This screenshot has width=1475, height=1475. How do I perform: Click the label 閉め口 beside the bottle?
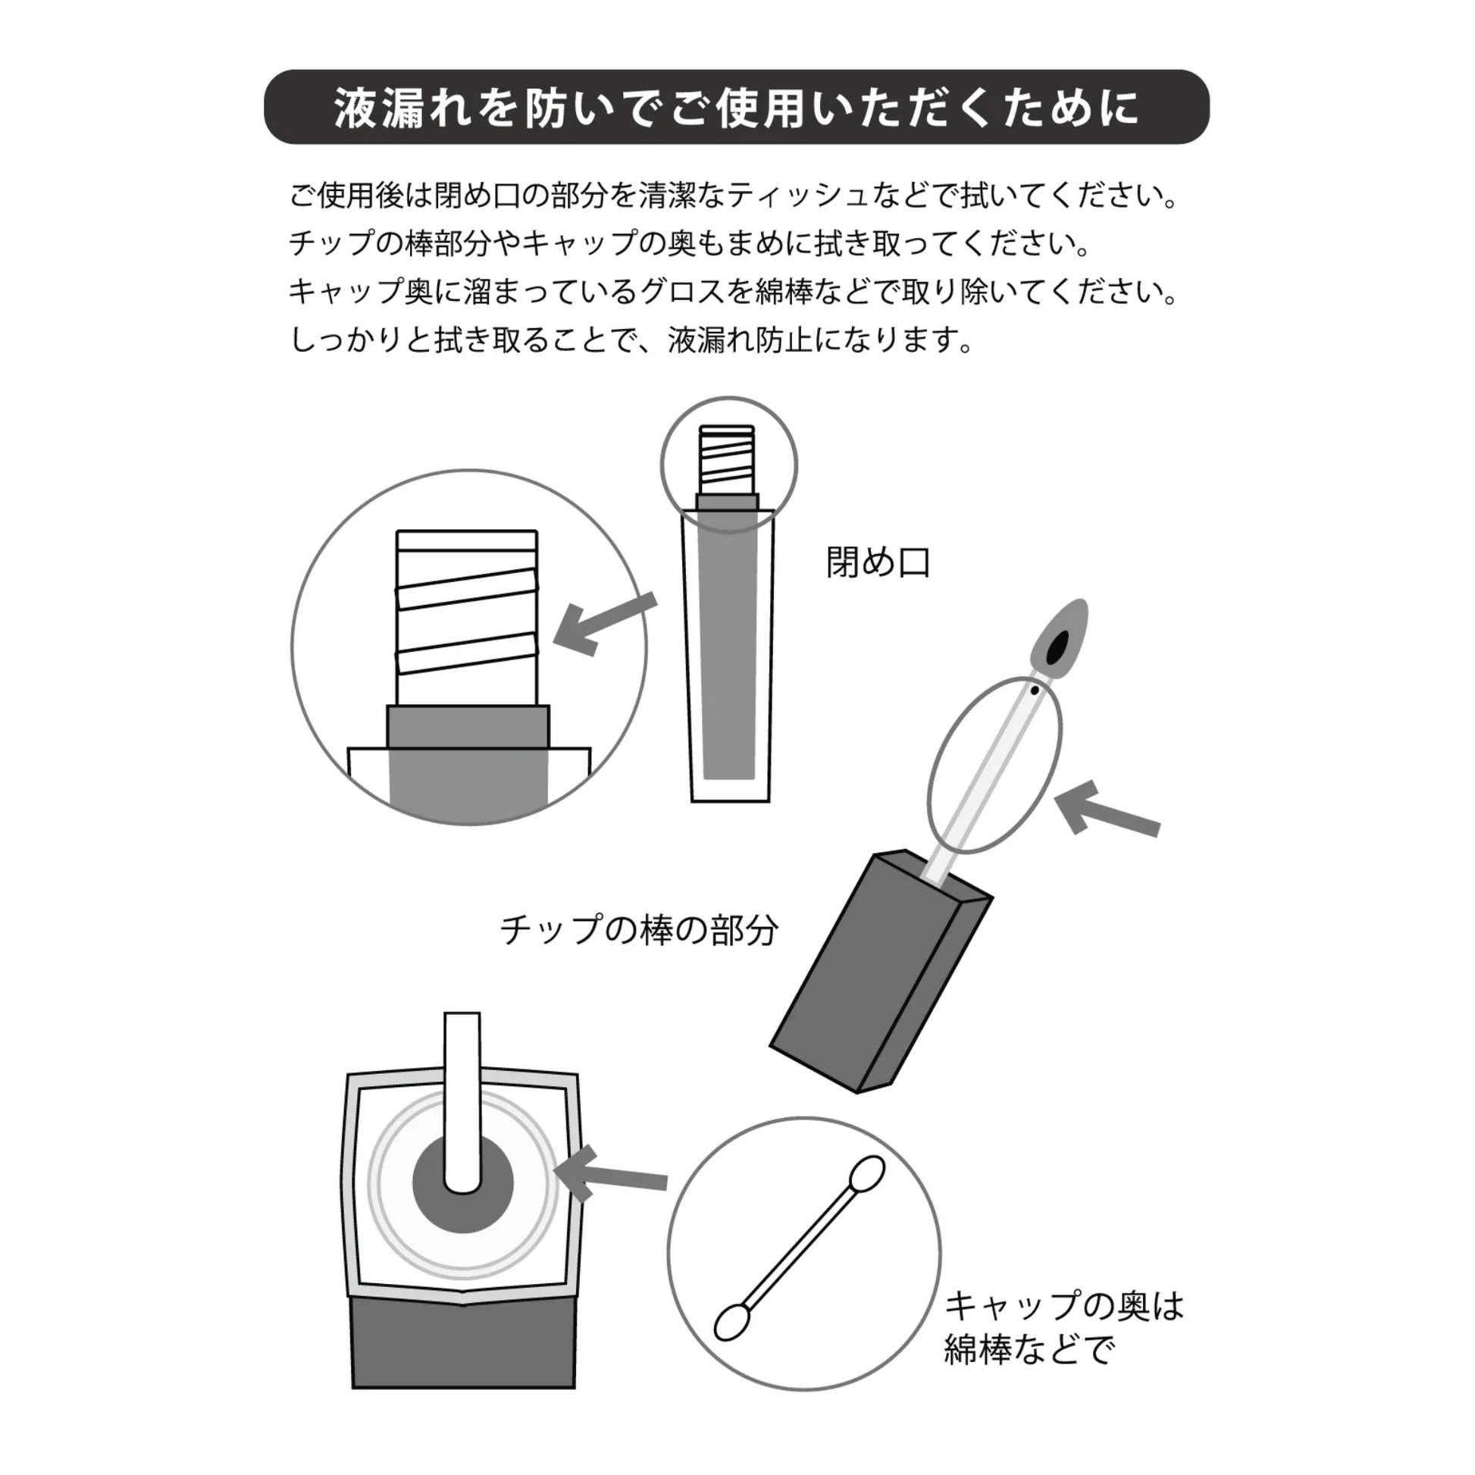coord(878,563)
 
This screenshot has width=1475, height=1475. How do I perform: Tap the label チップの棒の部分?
coord(638,930)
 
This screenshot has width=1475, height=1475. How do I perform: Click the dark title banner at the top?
coord(736,107)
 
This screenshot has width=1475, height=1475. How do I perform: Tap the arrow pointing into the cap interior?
coord(615,1182)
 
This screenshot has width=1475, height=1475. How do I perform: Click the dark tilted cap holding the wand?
coord(878,977)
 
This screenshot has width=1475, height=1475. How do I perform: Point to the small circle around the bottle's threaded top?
coord(728,465)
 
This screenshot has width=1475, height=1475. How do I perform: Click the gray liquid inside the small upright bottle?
coord(728,649)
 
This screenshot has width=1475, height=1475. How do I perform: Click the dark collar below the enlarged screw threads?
coord(467,727)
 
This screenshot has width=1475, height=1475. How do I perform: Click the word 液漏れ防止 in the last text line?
coord(740,340)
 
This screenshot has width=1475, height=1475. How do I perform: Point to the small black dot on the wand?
coord(1035,691)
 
